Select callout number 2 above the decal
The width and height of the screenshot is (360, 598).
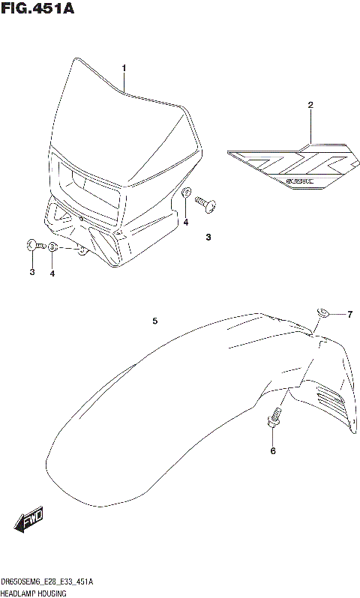click(310, 105)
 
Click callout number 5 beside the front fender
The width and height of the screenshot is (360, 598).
click(154, 321)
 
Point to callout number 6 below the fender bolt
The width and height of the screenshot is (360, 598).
click(273, 450)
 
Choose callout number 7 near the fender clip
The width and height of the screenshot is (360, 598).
click(349, 314)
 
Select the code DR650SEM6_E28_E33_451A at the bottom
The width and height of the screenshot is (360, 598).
click(46, 581)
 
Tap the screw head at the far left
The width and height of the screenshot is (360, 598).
click(31, 244)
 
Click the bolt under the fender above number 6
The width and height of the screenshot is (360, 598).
click(274, 417)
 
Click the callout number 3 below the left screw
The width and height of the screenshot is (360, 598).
click(32, 273)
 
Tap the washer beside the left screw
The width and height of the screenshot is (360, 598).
click(52, 247)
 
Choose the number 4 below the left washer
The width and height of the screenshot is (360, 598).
click(52, 274)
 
